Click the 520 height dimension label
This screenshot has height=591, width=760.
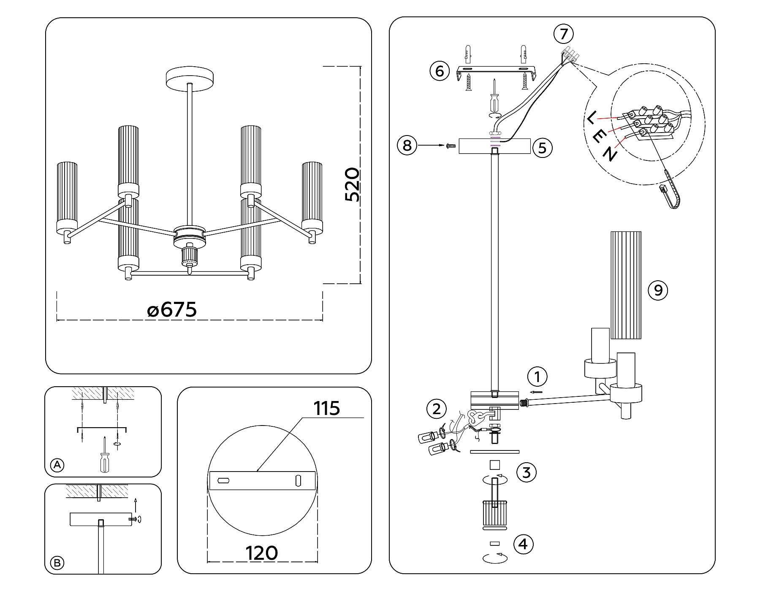[x=352, y=185]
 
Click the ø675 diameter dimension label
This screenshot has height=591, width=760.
[x=172, y=310]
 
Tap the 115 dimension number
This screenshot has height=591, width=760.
[x=326, y=408]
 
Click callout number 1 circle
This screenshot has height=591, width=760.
[x=537, y=377]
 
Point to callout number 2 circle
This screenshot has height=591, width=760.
[x=437, y=409]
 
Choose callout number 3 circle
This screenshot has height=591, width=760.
[x=526, y=472]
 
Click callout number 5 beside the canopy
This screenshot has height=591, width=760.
[x=543, y=148]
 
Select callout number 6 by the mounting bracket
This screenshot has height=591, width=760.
[x=440, y=71]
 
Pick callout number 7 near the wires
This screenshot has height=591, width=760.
[x=564, y=33]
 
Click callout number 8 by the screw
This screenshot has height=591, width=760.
[x=407, y=146]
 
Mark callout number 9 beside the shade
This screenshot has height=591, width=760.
[x=658, y=290]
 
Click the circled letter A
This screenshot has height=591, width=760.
[x=57, y=466]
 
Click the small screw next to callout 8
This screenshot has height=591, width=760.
[x=450, y=146]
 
